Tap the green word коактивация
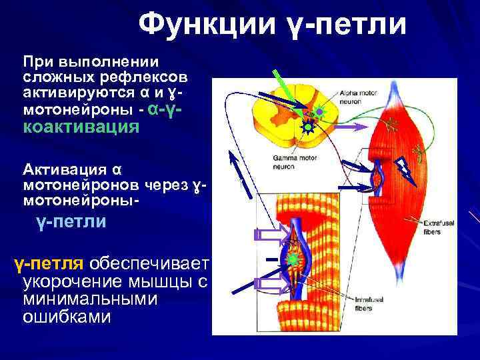pyautogui.click(x=81, y=127)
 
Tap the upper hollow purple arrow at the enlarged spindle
pyautogui.click(x=270, y=234)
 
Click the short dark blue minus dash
pyautogui.click(x=272, y=258)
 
